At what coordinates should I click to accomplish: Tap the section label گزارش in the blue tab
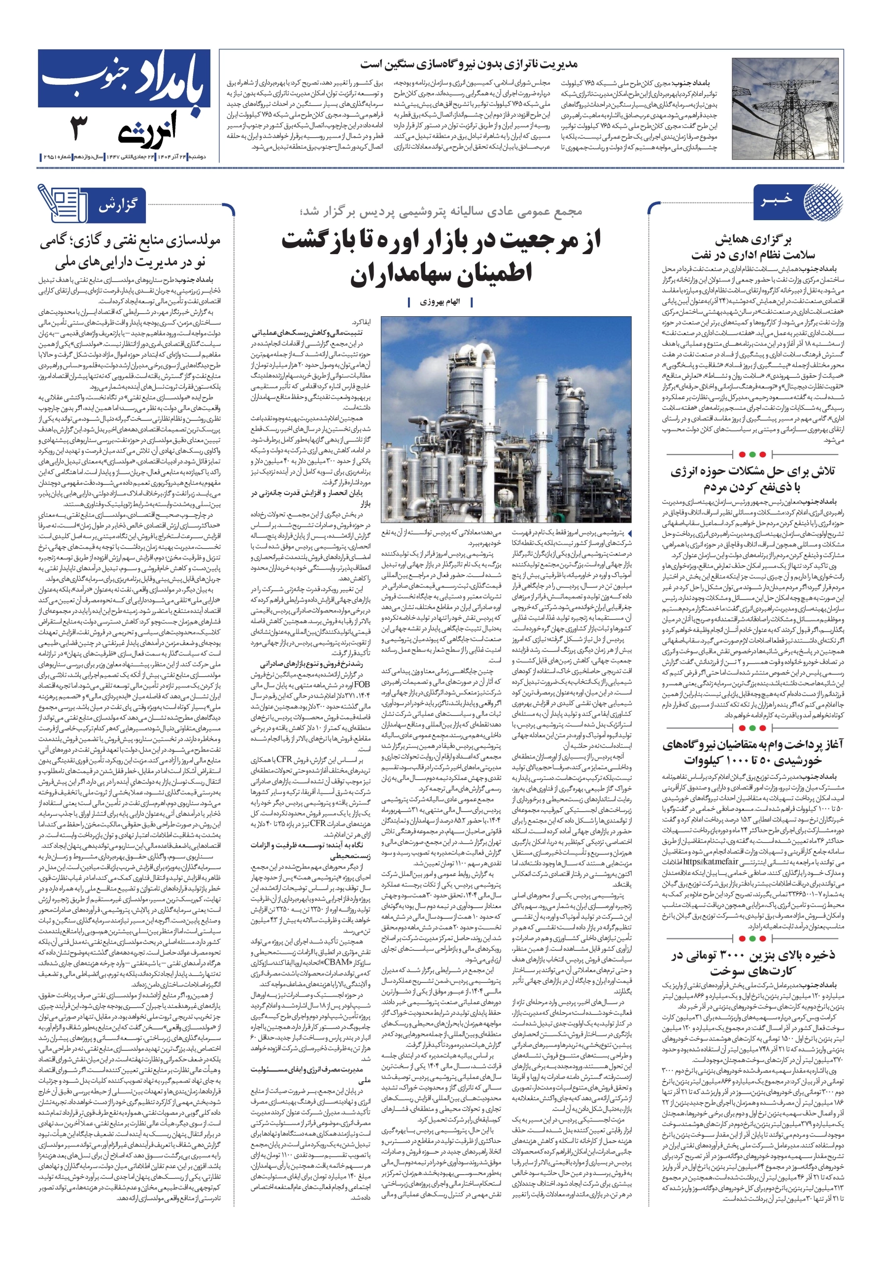point(118,206)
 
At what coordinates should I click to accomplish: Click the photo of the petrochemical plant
point(506,419)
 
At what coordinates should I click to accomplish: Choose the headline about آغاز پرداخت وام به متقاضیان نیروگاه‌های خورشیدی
point(752,752)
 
